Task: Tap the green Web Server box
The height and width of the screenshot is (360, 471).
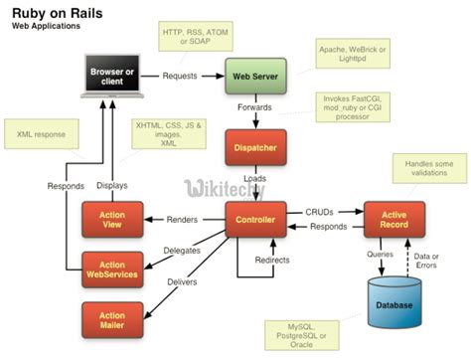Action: (x=254, y=76)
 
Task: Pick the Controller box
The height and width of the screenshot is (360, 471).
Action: (x=255, y=218)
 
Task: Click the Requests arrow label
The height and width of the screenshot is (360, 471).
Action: (x=180, y=76)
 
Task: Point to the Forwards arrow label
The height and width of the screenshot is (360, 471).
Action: (x=255, y=107)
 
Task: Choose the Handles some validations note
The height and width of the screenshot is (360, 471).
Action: (x=428, y=168)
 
